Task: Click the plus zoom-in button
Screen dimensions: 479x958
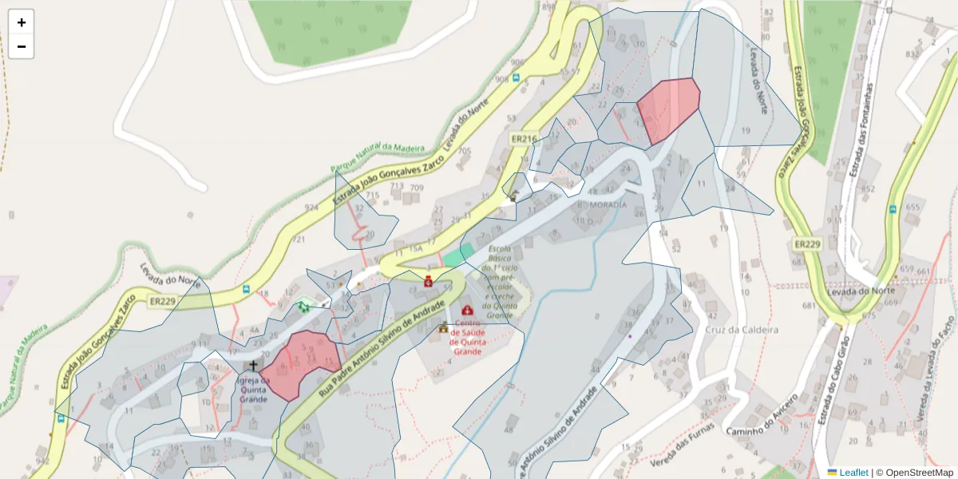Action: click(x=22, y=22)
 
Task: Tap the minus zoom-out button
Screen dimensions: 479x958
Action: click(x=22, y=46)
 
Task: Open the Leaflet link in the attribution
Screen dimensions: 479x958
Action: click(x=853, y=473)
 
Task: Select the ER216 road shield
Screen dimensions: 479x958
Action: click(x=523, y=139)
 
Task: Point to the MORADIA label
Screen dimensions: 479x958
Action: click(x=608, y=205)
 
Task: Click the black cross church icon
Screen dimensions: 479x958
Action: click(x=254, y=366)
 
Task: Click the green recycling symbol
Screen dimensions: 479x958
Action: click(x=303, y=305)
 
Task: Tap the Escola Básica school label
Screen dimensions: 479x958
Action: click(x=504, y=275)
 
